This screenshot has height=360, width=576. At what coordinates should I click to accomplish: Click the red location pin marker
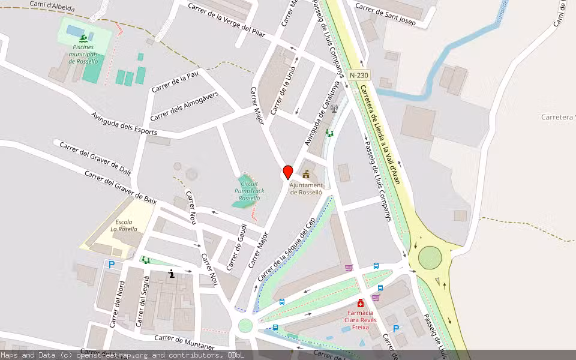pyautogui.click(x=288, y=172)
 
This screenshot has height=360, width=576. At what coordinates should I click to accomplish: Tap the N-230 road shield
pyautogui.click(x=358, y=76)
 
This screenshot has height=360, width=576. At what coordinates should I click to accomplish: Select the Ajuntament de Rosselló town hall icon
pyautogui.click(x=307, y=175)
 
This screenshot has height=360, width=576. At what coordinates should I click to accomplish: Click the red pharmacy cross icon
pyautogui.click(x=361, y=303)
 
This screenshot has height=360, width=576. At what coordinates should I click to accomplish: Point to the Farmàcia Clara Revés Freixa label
pyautogui.click(x=361, y=320)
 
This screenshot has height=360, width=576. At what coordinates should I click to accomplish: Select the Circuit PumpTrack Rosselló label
pyautogui.click(x=249, y=191)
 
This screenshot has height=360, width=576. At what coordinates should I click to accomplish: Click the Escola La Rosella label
pyautogui.click(x=124, y=225)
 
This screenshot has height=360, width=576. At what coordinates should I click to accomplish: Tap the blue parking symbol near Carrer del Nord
pyautogui.click(x=111, y=264)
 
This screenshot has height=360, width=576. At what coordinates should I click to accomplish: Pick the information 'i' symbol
pyautogui.click(x=172, y=274)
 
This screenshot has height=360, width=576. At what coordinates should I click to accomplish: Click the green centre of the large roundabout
pyautogui.click(x=430, y=258)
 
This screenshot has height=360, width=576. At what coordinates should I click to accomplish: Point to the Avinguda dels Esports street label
pyautogui.click(x=124, y=123)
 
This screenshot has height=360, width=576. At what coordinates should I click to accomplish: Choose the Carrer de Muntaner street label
pyautogui.click(x=184, y=343)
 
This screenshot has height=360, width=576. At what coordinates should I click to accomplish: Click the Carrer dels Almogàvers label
pyautogui.click(x=184, y=107)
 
